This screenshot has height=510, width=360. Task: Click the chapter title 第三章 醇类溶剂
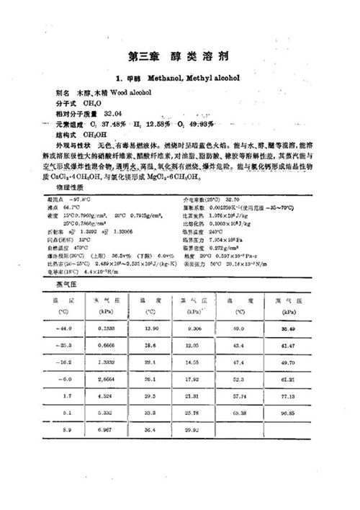(180, 55)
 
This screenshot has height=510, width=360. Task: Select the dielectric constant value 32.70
(234, 199)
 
